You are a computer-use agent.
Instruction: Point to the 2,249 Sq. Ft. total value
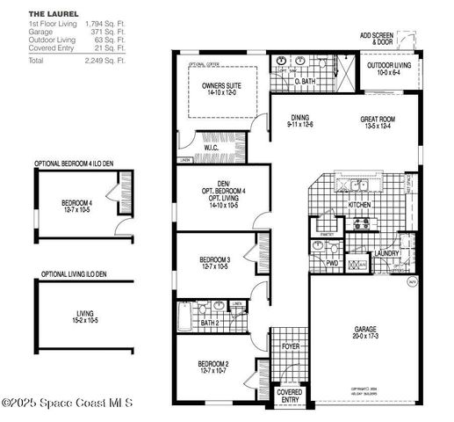click(105, 62)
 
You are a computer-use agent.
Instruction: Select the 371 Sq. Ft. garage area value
click(108, 32)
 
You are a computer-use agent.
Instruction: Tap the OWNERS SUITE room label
click(220, 86)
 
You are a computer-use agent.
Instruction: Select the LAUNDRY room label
click(386, 254)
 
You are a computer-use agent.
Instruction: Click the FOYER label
click(291, 347)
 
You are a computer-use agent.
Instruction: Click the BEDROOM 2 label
click(213, 364)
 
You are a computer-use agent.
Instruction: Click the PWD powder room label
click(332, 262)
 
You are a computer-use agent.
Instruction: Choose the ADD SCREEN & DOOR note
click(377, 38)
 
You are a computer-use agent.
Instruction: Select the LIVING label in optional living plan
click(85, 312)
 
